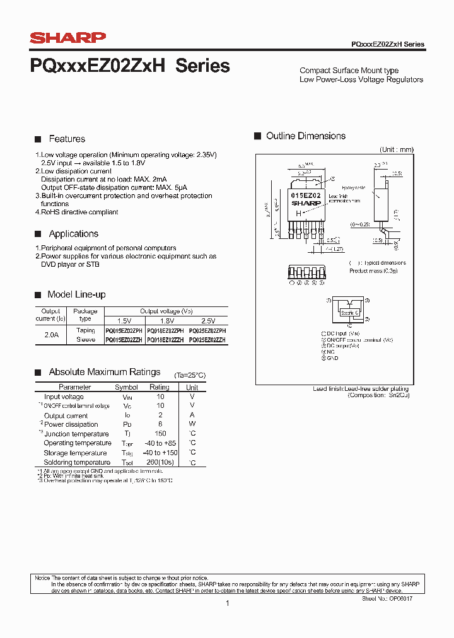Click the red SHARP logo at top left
click(67, 38)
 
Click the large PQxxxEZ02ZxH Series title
click(130, 66)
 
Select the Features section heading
click(67, 139)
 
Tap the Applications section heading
click(73, 234)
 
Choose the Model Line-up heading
click(76, 294)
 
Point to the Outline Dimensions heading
click(305, 136)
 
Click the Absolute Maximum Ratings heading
click(104, 372)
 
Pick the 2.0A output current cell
click(51, 335)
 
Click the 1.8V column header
click(166, 321)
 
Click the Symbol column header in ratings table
click(126, 387)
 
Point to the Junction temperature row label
click(76, 434)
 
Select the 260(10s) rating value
click(160, 462)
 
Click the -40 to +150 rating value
click(160, 453)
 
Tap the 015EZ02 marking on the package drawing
click(306, 196)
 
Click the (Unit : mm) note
click(396, 149)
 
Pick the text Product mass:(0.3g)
click(373, 270)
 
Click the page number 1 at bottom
click(227, 603)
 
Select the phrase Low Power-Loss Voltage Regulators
click(361, 79)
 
